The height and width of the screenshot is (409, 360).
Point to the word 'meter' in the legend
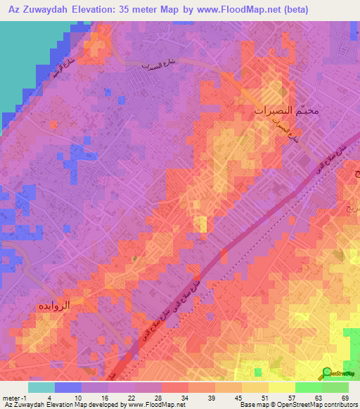point(12,397)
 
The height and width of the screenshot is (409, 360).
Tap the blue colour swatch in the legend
point(68,387)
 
